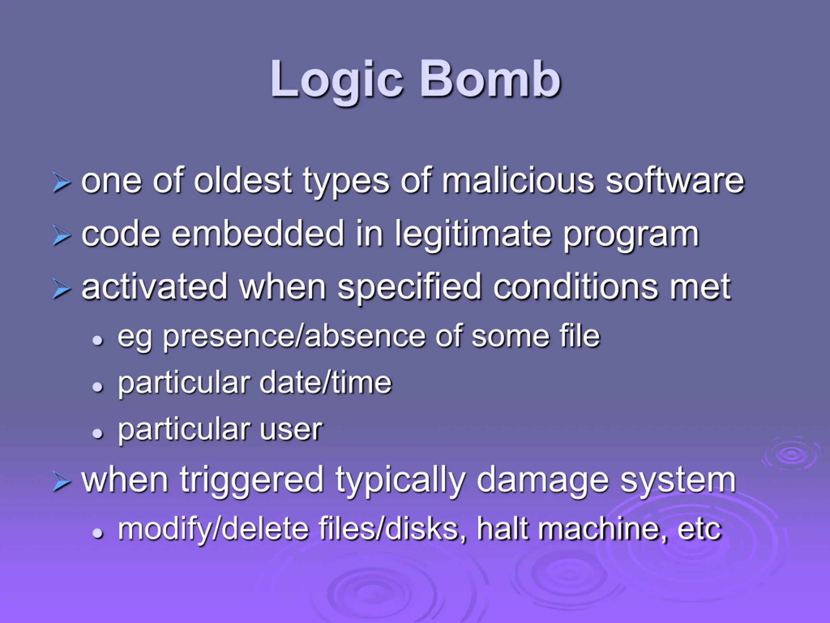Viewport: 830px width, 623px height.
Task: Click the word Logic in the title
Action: (x=337, y=81)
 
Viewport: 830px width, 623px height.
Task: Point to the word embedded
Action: (x=258, y=234)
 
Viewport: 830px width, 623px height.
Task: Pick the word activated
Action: (x=154, y=287)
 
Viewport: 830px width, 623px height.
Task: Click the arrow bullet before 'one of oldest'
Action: (x=61, y=183)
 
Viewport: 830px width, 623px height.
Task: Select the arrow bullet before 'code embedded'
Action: (x=61, y=236)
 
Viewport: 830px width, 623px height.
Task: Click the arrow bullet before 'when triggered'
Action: (x=61, y=482)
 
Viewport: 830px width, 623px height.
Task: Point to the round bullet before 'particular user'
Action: (x=98, y=434)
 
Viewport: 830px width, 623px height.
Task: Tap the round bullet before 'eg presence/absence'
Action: (x=98, y=341)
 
